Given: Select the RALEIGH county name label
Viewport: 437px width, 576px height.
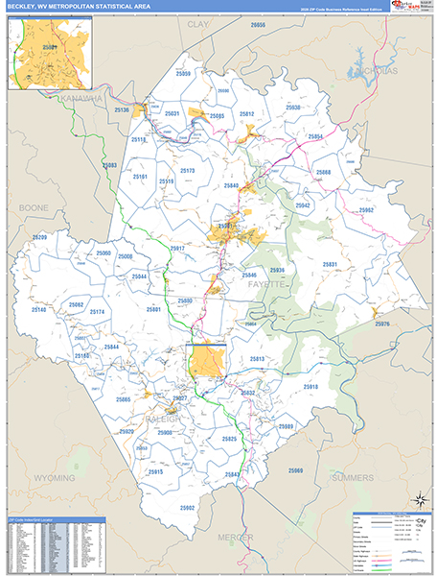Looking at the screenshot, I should coord(163,418).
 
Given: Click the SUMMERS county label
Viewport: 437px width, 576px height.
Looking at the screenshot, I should coord(353,476).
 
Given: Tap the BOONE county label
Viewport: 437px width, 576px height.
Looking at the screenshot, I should coord(34,206).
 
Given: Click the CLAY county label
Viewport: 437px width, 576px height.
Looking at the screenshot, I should coord(198,22).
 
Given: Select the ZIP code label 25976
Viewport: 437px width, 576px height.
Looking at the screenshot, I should coord(382,324).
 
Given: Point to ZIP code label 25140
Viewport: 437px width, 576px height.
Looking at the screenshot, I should coord(39,310).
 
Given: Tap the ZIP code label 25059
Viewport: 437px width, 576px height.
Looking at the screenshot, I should coord(182,74).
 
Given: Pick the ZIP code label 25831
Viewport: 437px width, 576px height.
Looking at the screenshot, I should coord(330,264).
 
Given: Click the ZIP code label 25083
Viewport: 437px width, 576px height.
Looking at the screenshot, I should coord(109,165).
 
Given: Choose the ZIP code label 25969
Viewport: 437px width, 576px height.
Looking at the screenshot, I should coord(295,470).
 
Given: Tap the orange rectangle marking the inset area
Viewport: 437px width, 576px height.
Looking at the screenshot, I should coord(205,361).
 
